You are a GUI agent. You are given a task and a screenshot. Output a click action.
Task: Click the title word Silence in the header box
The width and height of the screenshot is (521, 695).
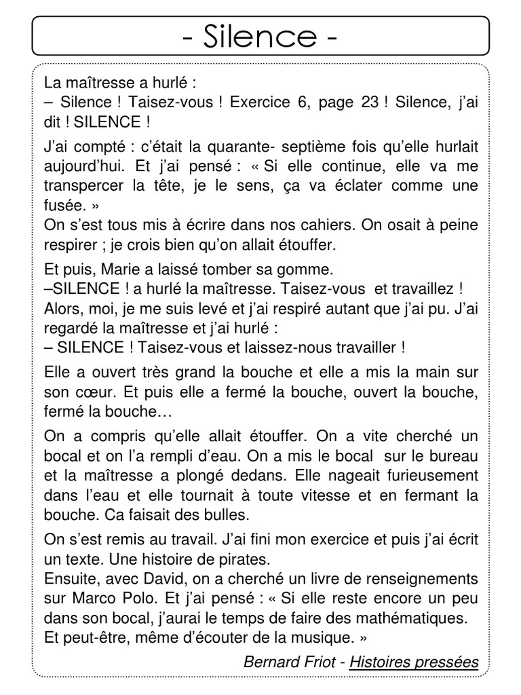pyautogui.click(x=260, y=35)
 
